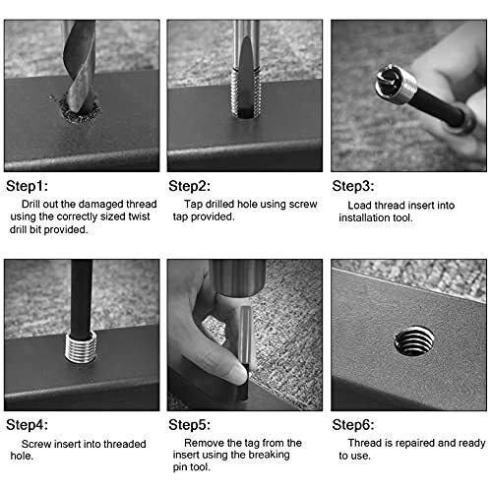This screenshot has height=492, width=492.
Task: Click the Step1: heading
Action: (x=28, y=186)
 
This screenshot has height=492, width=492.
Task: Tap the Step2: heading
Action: (x=190, y=186)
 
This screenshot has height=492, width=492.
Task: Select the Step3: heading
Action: (x=353, y=186)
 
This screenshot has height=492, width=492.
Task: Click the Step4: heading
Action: (x=28, y=425)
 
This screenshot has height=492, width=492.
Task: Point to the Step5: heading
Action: (x=190, y=425)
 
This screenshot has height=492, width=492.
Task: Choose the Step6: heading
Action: (x=353, y=425)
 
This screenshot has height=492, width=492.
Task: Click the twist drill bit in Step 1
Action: (x=80, y=66)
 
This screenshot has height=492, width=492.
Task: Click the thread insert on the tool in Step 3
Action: (x=396, y=84)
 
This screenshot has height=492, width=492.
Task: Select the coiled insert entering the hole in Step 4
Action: (x=81, y=347)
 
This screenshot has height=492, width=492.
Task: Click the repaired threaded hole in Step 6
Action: (x=414, y=341)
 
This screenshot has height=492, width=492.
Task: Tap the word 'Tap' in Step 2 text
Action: (x=193, y=204)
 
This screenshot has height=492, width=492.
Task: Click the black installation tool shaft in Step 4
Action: (x=82, y=299)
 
